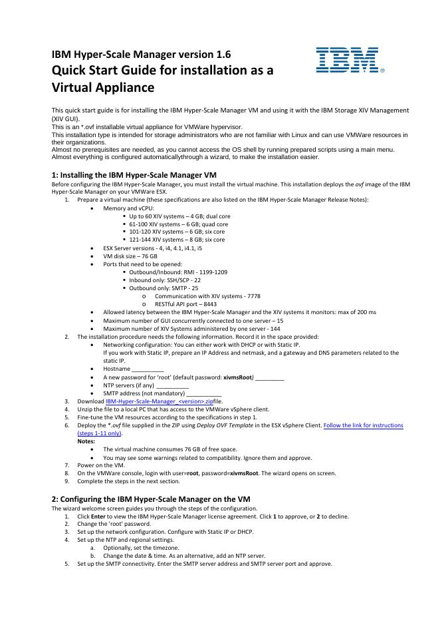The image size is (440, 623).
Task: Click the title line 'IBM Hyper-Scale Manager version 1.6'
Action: pos(142,55)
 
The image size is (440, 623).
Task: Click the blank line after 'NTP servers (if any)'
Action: pos(173,385)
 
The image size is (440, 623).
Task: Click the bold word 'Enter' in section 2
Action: pos(97,516)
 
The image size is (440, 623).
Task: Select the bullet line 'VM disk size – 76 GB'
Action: pos(130,256)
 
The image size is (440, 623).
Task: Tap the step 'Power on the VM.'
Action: pos(101,465)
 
